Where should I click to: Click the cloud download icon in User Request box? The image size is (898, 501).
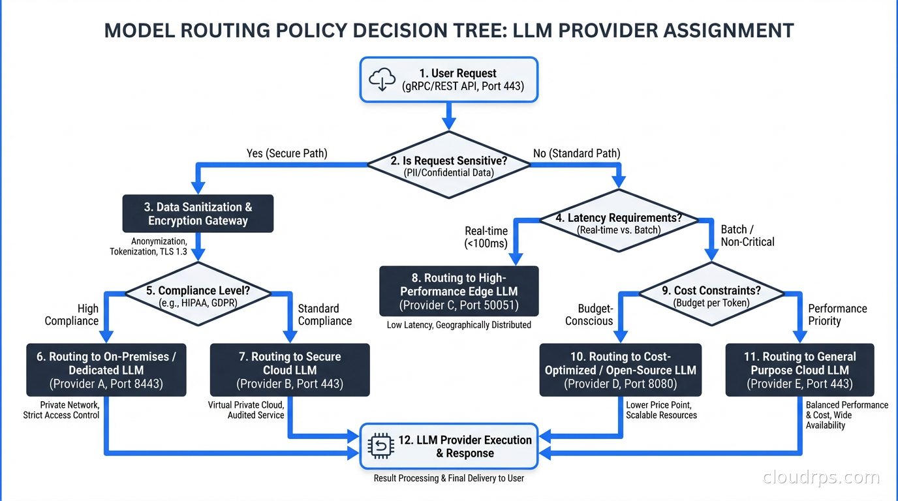pyautogui.click(x=382, y=80)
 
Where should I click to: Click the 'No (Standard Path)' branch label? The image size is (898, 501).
pyautogui.click(x=576, y=153)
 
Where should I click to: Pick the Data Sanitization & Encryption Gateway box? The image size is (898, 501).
pyautogui.click(x=198, y=214)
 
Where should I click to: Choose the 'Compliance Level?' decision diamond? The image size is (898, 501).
pyautogui.click(x=198, y=296)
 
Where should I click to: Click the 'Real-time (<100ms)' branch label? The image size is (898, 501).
pyautogui.click(x=486, y=237)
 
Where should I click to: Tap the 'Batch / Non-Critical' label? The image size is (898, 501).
pyautogui.click(x=747, y=235)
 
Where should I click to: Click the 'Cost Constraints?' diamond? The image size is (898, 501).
pyautogui.click(x=711, y=296)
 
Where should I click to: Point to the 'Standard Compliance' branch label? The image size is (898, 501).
pyautogui.click(x=324, y=314)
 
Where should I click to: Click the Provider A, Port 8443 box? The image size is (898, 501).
pyautogui.click(x=106, y=370)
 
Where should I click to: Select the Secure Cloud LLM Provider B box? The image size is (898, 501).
pyautogui.click(x=290, y=370)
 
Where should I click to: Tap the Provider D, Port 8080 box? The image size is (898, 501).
pyautogui.click(x=621, y=370)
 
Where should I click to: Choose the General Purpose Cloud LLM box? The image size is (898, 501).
pyautogui.click(x=799, y=370)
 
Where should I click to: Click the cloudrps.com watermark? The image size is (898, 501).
pyautogui.click(x=821, y=478)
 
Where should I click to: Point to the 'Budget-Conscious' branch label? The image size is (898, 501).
pyautogui.click(x=589, y=314)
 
